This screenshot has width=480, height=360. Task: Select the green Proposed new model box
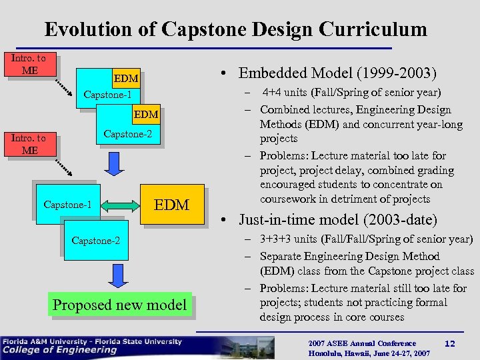[119, 305]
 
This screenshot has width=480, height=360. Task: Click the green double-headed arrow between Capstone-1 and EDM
[118, 204]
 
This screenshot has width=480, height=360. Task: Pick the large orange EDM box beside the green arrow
[171, 204]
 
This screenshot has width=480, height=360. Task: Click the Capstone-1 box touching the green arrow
[67, 204]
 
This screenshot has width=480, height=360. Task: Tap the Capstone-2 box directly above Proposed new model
[97, 239]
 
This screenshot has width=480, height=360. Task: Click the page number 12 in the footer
[449, 343]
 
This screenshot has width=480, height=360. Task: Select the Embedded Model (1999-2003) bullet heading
[337, 73]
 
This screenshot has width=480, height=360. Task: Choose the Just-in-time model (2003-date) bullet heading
[337, 219]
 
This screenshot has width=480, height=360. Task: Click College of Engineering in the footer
[59, 350]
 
